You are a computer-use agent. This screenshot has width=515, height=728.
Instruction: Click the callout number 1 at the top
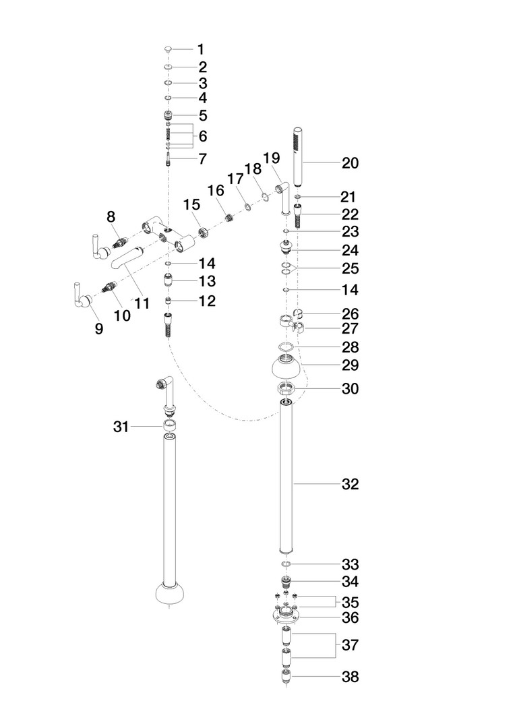[x=201, y=49]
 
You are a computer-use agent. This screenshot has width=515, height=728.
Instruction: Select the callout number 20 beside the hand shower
[x=350, y=163]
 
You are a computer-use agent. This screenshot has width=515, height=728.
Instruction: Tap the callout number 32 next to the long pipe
[x=350, y=484]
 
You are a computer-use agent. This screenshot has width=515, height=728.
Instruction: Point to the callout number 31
[x=121, y=426]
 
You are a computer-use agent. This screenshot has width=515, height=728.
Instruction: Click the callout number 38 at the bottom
[x=350, y=677]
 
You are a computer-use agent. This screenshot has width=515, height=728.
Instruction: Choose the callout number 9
[x=99, y=329]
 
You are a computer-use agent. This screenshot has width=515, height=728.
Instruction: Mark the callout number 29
[x=350, y=365]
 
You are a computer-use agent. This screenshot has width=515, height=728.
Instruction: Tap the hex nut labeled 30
[x=286, y=388]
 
